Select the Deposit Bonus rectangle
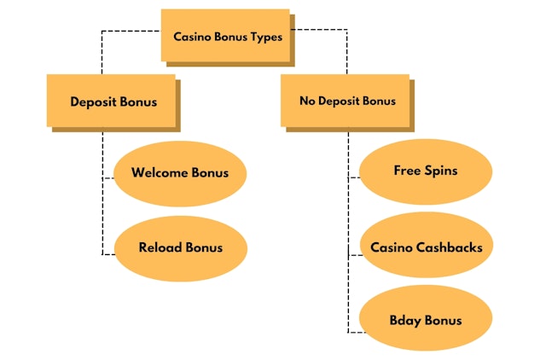[113, 101]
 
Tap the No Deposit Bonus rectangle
[346, 101]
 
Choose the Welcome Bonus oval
[180, 173]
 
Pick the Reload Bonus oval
[180, 247]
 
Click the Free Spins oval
[426, 171]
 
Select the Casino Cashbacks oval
[426, 247]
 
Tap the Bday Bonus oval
[426, 321]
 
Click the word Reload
[160, 247]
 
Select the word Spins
[441, 171]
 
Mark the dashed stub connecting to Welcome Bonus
[108, 178]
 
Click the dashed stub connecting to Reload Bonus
[108, 254]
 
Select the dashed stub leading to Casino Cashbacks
[354, 254]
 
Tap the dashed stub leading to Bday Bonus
[354, 331]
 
